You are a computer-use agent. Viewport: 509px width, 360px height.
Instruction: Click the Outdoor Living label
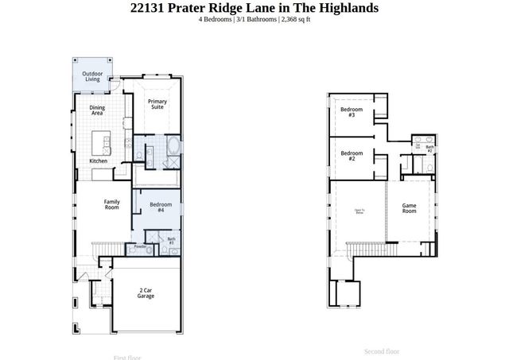point(93,76)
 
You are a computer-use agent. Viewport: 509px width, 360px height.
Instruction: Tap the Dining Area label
point(97,110)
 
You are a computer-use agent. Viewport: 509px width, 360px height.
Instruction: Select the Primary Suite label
point(157,104)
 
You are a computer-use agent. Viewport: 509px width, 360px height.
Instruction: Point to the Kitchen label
point(98,161)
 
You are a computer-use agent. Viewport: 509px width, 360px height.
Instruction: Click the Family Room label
point(112,203)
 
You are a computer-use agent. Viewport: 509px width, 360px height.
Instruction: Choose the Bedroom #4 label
point(161,207)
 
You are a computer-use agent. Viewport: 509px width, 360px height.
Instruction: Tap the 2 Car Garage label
point(146,293)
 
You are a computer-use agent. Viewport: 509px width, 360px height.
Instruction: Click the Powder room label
point(140,247)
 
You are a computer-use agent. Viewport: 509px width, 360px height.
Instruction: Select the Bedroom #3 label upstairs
point(352,112)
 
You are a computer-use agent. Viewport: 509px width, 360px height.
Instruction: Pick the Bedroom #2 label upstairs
point(352,156)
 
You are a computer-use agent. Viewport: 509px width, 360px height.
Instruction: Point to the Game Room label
point(409,207)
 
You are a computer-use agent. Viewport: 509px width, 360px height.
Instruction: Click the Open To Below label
point(359,211)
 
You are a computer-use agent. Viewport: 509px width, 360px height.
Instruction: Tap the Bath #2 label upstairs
point(429,148)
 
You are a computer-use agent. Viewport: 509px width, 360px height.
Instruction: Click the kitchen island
point(102,143)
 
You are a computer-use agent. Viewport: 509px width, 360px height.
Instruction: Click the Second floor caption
point(382,351)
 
